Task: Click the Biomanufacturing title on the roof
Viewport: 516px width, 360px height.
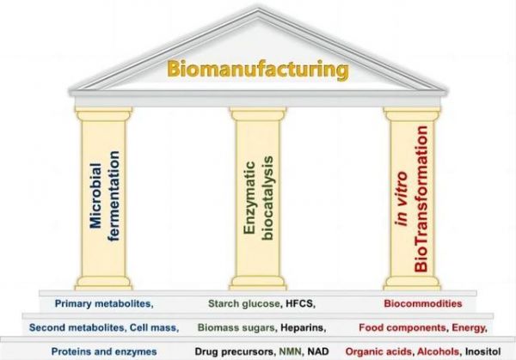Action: coord(258,70)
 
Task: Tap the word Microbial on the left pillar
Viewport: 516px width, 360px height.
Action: coord(95,195)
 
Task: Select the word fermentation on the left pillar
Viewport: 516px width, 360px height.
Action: coord(114,196)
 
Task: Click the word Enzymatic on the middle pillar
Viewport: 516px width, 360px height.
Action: coord(249,198)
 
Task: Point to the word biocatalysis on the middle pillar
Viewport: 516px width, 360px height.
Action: coord(267,198)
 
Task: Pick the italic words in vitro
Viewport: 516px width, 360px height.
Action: coord(402,199)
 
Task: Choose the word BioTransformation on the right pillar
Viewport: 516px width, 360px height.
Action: coord(421,199)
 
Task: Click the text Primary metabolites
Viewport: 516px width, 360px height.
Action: coord(102,303)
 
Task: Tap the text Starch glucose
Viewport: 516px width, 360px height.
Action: coord(244,303)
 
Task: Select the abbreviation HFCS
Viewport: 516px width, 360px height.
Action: coord(298,303)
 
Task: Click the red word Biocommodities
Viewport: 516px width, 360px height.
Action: coord(423,303)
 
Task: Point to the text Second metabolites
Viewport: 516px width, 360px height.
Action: coord(76,327)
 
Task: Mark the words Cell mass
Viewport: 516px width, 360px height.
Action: coord(153,327)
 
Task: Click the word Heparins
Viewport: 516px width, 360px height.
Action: coord(302,327)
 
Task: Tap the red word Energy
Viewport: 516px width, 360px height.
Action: coord(468,328)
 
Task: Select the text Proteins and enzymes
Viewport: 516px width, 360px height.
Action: coord(104,351)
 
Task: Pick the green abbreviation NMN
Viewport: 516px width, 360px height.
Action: coord(290,351)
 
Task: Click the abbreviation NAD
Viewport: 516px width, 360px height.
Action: coord(318,351)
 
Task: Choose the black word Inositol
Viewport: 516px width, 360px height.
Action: coord(482,351)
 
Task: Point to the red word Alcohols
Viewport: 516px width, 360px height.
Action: coord(438,351)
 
